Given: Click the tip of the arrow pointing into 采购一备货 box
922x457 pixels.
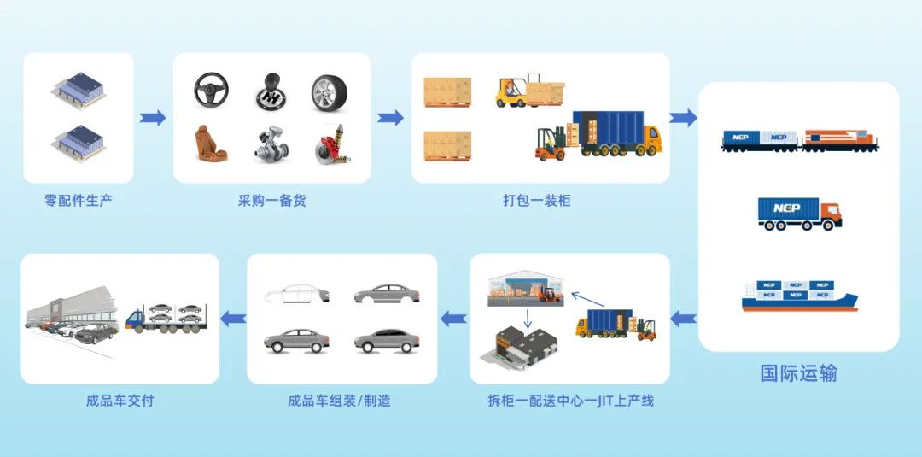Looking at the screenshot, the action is (x=166, y=118).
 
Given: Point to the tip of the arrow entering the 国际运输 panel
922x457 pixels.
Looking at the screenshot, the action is (x=697, y=118).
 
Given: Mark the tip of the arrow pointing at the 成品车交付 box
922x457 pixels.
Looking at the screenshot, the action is (x=220, y=319).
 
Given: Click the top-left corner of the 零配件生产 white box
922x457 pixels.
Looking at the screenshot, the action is (x=24, y=54).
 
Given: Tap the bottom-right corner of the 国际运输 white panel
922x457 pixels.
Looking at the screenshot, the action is (x=899, y=352).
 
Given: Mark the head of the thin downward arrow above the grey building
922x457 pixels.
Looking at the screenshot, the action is (x=528, y=327).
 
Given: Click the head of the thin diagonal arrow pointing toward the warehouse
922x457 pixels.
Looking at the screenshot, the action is (x=572, y=292).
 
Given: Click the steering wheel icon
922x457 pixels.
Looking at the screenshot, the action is (x=211, y=90).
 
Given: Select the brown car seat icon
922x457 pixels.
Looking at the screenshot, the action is (x=211, y=143).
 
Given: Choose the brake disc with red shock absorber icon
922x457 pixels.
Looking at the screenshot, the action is (x=332, y=144).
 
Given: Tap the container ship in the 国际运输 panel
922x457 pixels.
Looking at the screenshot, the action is (x=799, y=295).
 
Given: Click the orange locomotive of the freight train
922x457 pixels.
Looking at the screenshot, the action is (x=840, y=141).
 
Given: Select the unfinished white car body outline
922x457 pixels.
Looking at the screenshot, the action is (x=297, y=293).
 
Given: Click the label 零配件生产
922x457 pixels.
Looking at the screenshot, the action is (x=79, y=201).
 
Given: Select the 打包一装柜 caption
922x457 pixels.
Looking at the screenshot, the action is (x=537, y=201).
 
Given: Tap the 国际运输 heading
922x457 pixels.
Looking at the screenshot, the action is (x=798, y=373).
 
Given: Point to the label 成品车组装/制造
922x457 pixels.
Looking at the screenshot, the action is (x=339, y=401).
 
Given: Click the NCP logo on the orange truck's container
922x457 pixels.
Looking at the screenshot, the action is (x=787, y=208).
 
